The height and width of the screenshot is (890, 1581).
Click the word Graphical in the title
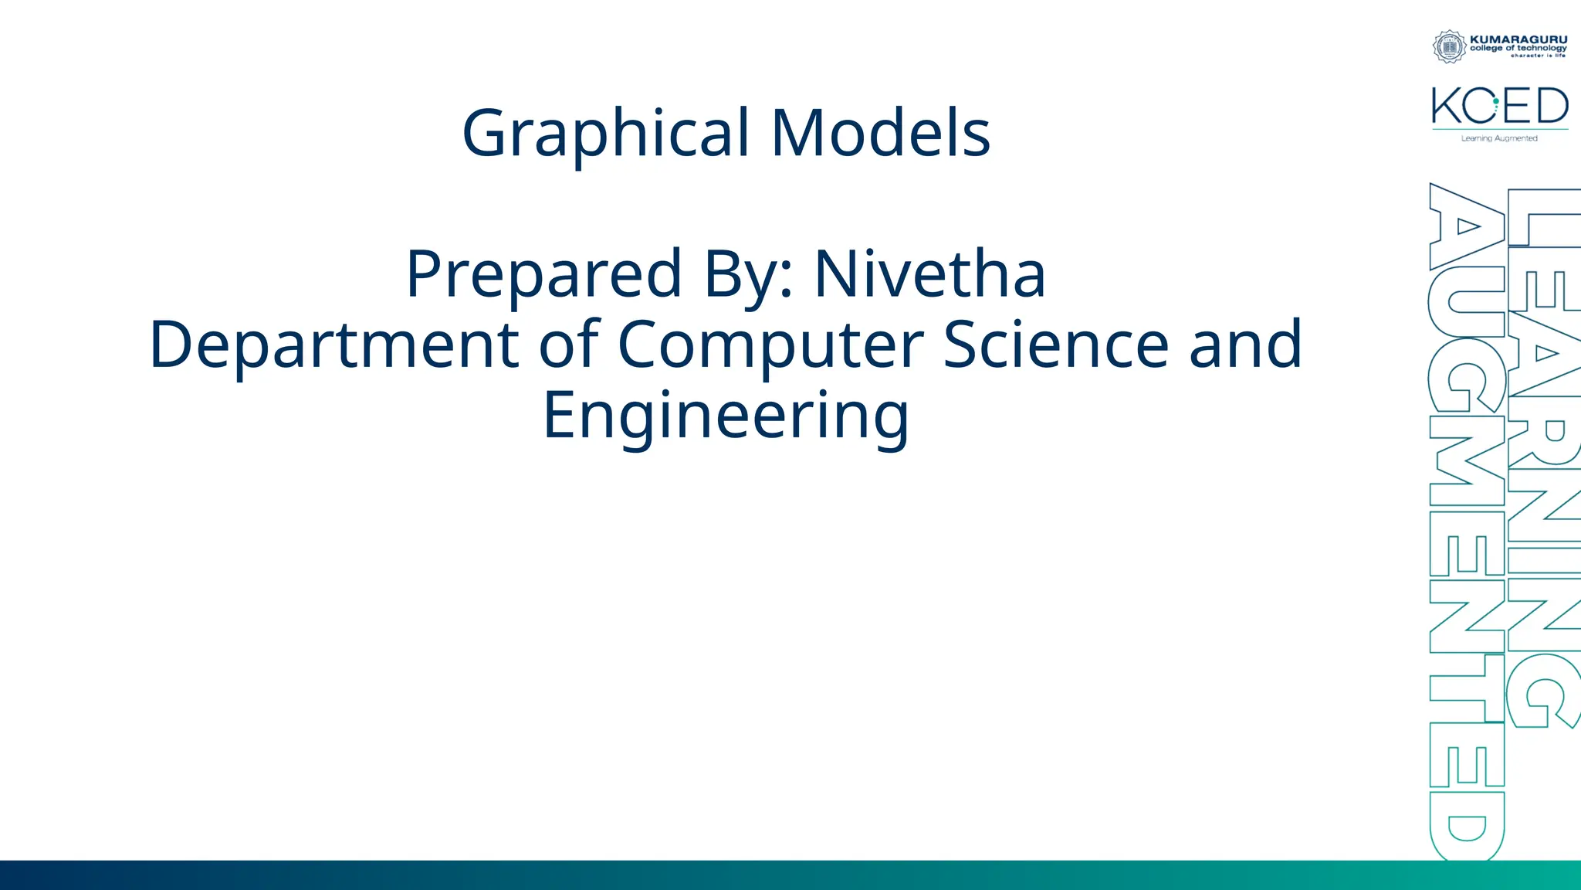click(x=606, y=134)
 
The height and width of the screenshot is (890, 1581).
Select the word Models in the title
click(x=881, y=134)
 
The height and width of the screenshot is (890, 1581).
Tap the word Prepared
click(x=543, y=274)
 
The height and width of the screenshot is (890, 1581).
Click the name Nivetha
click(x=930, y=274)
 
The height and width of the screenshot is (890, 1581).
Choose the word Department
click(x=333, y=345)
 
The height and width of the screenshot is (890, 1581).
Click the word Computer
click(x=770, y=345)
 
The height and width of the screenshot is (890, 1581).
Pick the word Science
click(x=1056, y=345)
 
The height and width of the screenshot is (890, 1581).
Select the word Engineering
click(x=726, y=416)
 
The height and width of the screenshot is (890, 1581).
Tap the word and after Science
click(x=1245, y=345)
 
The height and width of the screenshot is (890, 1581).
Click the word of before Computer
click(x=569, y=345)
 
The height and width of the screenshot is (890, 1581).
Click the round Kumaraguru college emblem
click(x=1449, y=46)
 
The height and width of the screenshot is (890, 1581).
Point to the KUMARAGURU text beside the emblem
click(x=1518, y=39)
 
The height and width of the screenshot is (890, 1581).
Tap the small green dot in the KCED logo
click(x=1495, y=101)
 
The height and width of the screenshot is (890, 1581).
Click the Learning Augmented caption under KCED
click(x=1499, y=138)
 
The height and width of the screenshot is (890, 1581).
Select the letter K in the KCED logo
click(x=1446, y=106)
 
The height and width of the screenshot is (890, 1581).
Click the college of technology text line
click(x=1518, y=48)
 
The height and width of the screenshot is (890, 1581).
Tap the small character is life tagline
click(x=1538, y=56)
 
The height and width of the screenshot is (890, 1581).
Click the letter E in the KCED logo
click(x=1518, y=106)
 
